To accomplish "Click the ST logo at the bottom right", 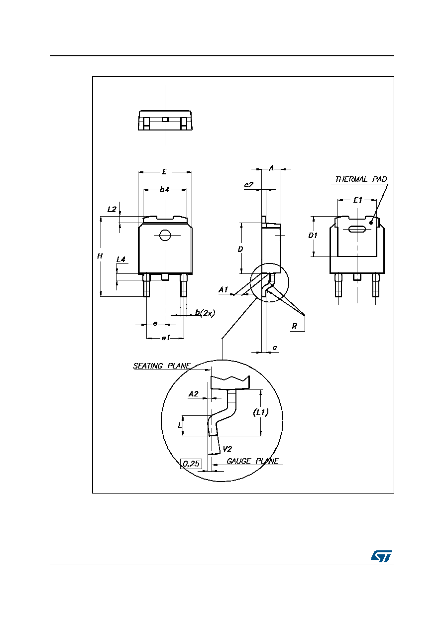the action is click(x=381, y=556).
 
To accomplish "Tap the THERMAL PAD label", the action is click(x=361, y=179).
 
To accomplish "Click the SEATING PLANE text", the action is click(x=162, y=366).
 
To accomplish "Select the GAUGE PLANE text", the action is click(x=252, y=461).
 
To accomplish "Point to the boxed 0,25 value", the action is click(x=191, y=464).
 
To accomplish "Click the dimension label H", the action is click(x=100, y=256).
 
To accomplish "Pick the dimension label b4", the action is click(x=164, y=190).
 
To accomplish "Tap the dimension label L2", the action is click(x=111, y=209).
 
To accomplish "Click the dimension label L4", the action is click(x=120, y=259).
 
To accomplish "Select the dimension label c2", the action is click(x=249, y=184).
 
